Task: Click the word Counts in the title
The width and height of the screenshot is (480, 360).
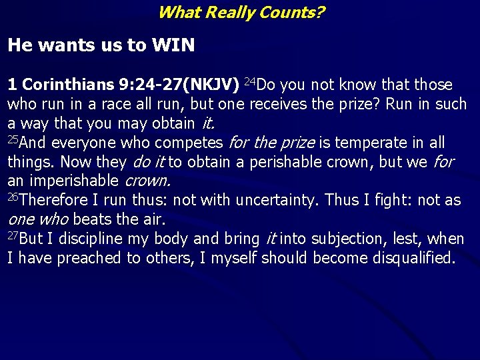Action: coord(281,12)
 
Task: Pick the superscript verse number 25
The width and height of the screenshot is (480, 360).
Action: coord(13,139)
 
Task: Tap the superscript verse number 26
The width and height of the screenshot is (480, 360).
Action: coord(13,197)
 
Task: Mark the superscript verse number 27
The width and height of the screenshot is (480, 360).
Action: coord(13,235)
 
